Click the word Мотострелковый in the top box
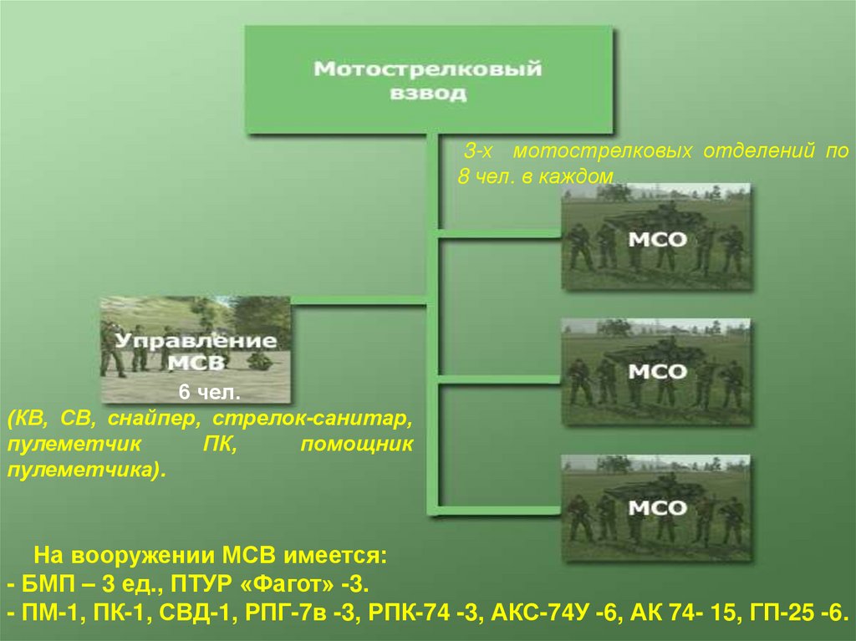tap(427, 69)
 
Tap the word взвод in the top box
tap(427, 94)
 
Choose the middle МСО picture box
tap(656, 372)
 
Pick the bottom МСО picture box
tap(656, 507)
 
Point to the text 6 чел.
tap(196, 393)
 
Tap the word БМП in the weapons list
tap(44, 582)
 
